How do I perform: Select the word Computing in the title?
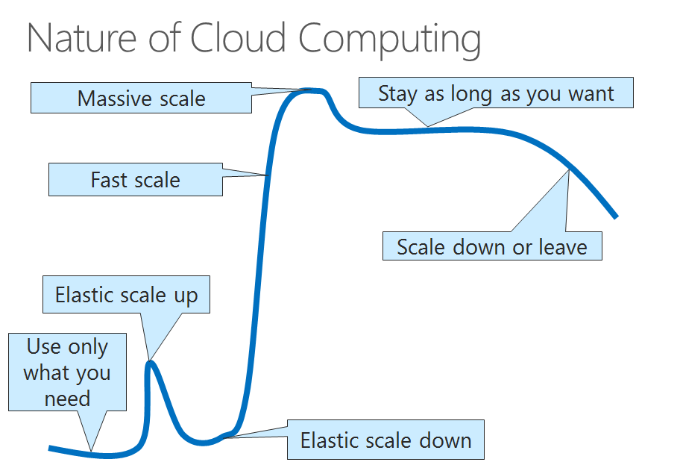point(390,39)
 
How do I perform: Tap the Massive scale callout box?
point(141,98)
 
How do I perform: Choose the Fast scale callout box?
point(135,180)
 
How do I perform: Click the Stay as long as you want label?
point(496,93)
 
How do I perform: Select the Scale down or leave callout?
point(491,246)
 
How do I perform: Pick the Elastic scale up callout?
point(126,296)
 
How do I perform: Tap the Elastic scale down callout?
point(385,440)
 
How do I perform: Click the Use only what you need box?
point(67,372)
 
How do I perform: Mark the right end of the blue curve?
point(616,216)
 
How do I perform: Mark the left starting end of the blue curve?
point(51,448)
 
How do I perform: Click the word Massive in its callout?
point(110,98)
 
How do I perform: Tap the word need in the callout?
point(67,398)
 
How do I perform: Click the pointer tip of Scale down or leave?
point(569,170)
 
